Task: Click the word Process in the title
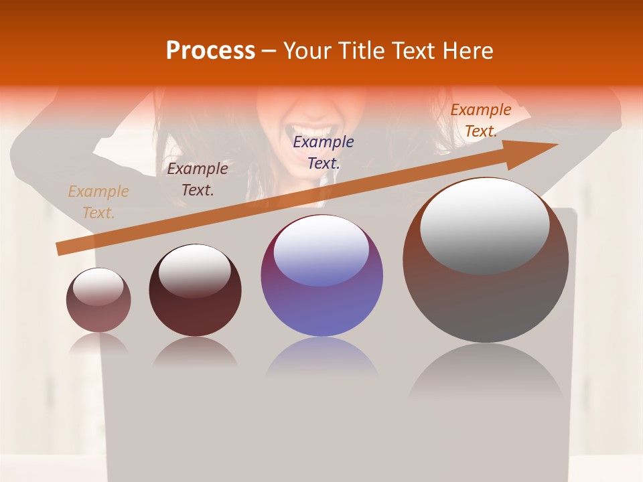tap(210, 51)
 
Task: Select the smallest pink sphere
tap(98, 300)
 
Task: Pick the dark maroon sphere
tap(195, 291)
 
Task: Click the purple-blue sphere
tap(321, 276)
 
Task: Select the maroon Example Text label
tap(198, 179)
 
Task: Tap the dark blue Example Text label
tap(324, 152)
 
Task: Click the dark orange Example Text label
tap(480, 120)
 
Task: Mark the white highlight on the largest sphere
tap(484, 226)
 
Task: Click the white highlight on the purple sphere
tap(321, 250)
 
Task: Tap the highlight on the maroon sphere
tap(194, 270)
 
